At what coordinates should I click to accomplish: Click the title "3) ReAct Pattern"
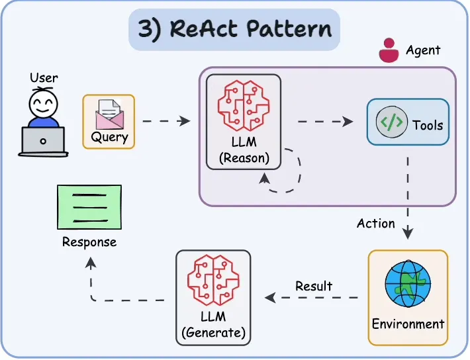point(235,30)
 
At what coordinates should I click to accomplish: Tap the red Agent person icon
point(389,50)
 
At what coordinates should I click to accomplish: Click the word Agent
point(423,50)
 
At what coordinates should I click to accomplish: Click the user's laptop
point(43,141)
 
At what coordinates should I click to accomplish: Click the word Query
point(109,137)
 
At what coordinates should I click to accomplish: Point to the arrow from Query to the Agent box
point(166,121)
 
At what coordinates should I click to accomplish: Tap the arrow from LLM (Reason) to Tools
point(324,122)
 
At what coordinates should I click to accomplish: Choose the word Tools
point(428,124)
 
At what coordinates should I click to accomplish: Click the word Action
point(375,224)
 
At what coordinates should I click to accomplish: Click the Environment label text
point(408,324)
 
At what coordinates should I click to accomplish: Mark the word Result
point(314,286)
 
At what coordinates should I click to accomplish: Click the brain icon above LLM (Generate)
point(212,281)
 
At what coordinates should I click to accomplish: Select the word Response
point(89,242)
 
